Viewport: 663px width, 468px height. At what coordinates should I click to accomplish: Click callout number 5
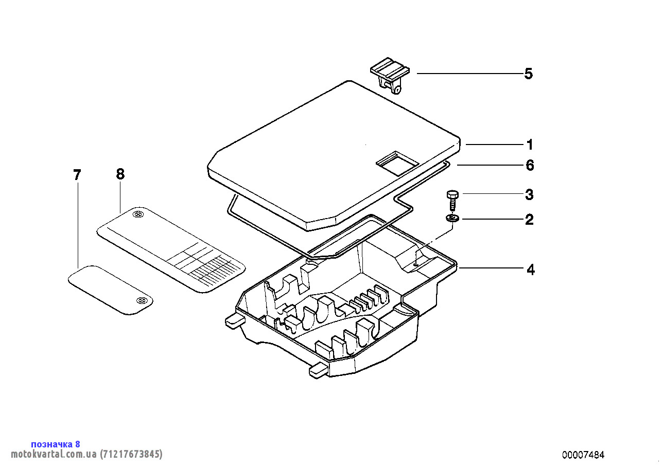pos(528,74)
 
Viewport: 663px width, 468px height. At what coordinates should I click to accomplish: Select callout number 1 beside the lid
pos(530,145)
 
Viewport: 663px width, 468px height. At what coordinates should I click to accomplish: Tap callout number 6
pos(530,166)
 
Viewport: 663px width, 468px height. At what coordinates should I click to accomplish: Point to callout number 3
pos(529,195)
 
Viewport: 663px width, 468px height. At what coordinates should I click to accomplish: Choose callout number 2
pos(529,220)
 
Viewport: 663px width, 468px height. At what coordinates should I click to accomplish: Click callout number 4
pos(530,269)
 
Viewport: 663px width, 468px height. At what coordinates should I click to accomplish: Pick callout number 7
pos(77,175)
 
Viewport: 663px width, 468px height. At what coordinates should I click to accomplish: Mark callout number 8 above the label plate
pos(120,174)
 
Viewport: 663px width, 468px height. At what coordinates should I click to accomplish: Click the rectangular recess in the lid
pos(397,164)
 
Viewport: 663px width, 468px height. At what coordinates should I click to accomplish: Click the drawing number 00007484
pos(583,455)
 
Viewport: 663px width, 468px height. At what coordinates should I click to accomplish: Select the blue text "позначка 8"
pos(56,444)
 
